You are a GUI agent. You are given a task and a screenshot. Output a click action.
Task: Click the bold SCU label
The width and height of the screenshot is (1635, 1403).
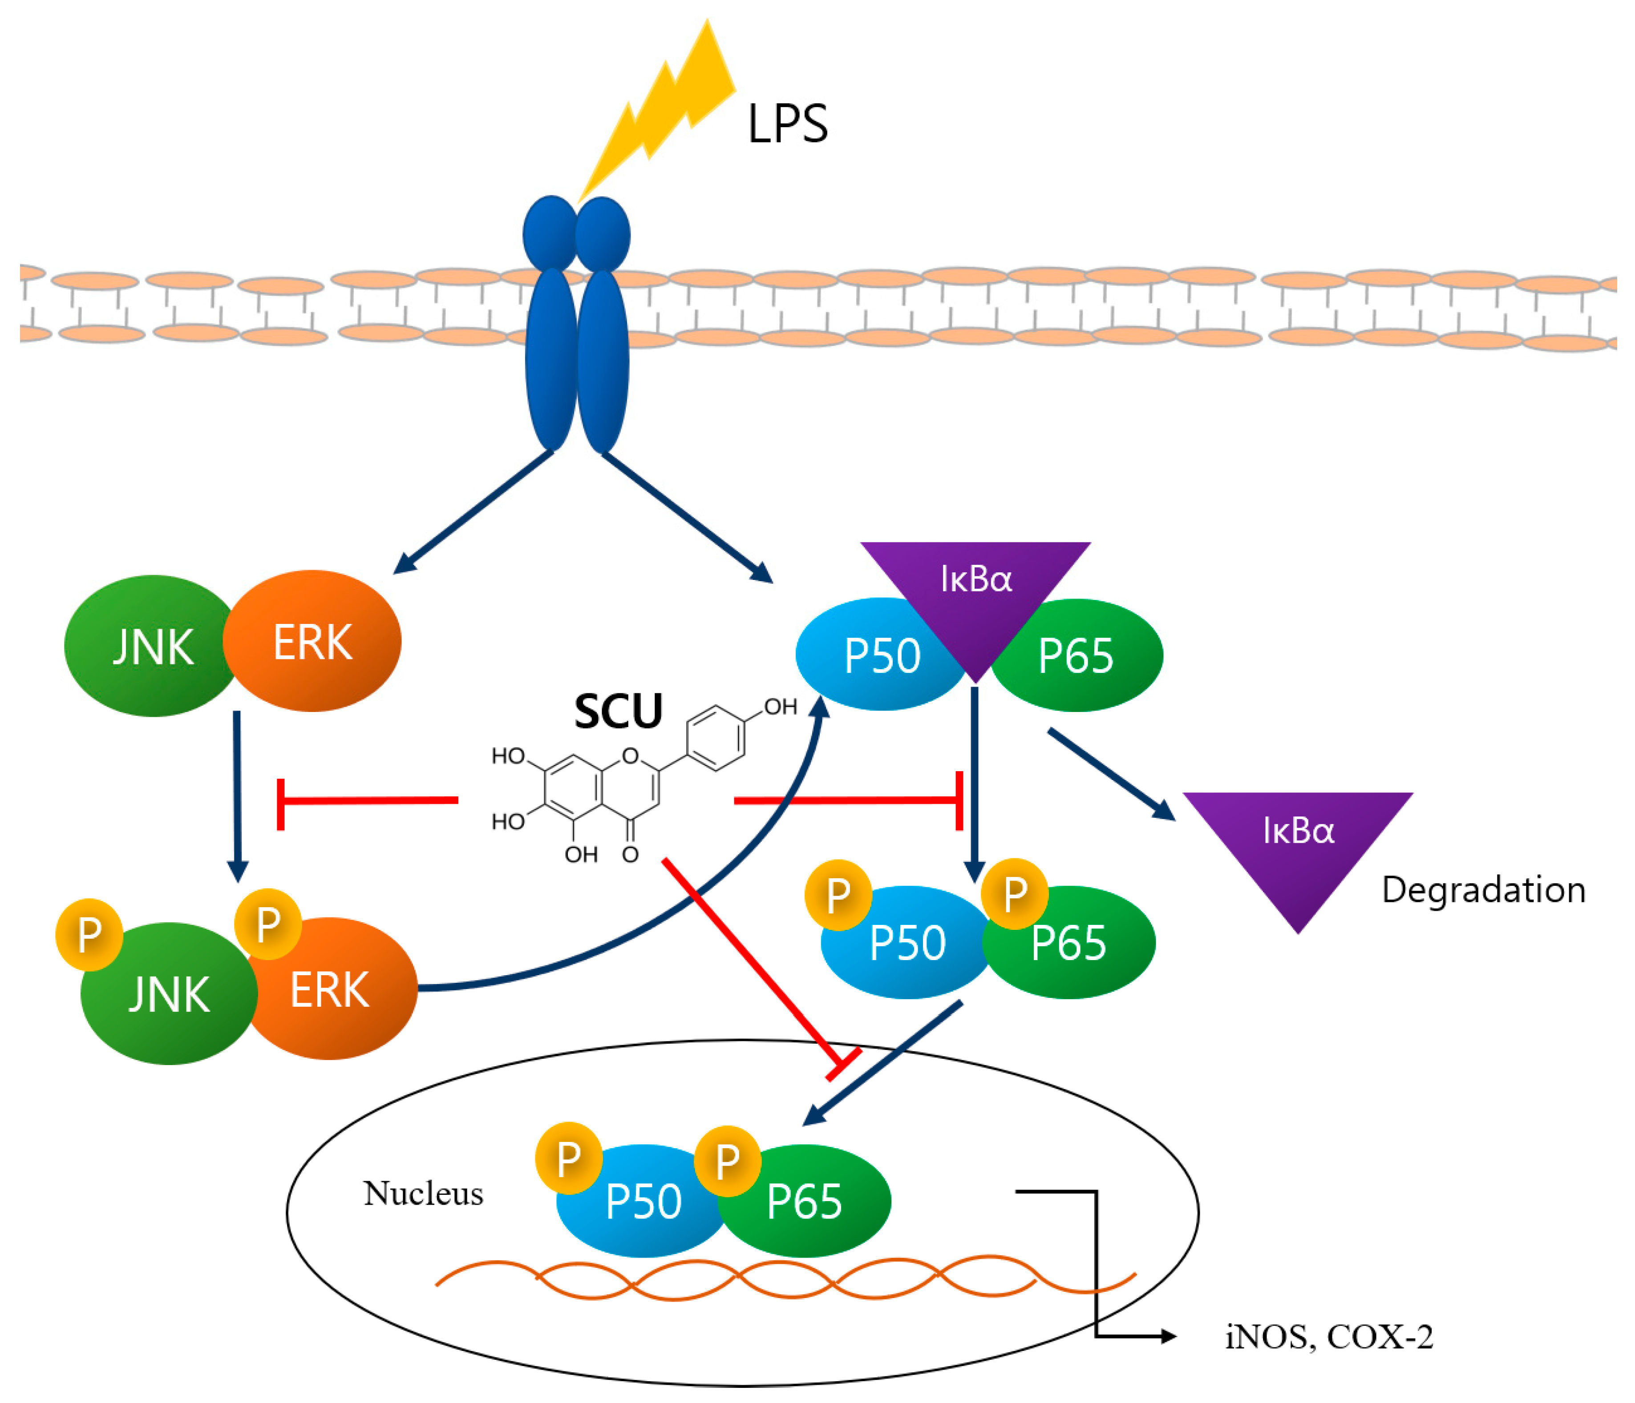pyautogui.click(x=618, y=712)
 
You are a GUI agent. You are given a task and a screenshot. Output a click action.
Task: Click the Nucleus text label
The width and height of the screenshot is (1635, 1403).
pyautogui.click(x=423, y=1193)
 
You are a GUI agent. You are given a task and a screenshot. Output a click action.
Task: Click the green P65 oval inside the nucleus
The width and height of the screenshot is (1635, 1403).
pyautogui.click(x=809, y=1203)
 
